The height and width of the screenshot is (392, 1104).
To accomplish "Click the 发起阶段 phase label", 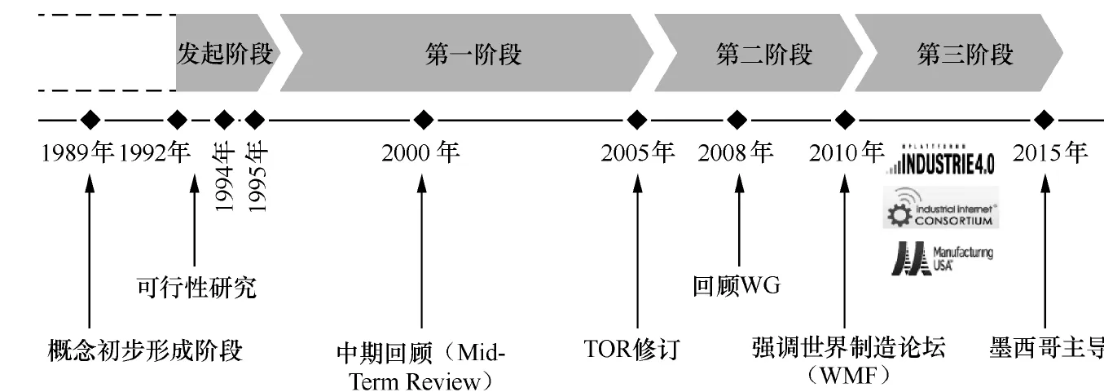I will [224, 55].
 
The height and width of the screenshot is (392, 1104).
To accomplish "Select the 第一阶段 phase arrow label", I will [473, 55].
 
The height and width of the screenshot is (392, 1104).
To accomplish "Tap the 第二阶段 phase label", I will [763, 55].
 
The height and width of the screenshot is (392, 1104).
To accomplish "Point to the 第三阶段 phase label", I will [965, 55].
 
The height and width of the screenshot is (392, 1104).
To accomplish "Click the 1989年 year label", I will [79, 152].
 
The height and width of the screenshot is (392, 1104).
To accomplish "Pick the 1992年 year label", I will [155, 152].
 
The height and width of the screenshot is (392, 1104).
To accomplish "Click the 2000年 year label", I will [420, 152].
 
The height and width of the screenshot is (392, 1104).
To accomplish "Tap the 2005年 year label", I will [638, 152].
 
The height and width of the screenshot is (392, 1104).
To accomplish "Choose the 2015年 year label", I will [1049, 152].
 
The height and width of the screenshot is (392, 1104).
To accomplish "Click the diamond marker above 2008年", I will [737, 120].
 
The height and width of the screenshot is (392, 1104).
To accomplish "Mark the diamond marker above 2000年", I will [422, 120].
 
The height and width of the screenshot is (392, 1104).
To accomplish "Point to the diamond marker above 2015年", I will [1043, 120].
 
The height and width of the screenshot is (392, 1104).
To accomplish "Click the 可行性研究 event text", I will [196, 287].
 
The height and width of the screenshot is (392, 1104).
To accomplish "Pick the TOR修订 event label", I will [631, 350].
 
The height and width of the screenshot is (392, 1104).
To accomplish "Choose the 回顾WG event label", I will [736, 287].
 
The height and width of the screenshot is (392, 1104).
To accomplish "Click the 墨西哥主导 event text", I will [1046, 350].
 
